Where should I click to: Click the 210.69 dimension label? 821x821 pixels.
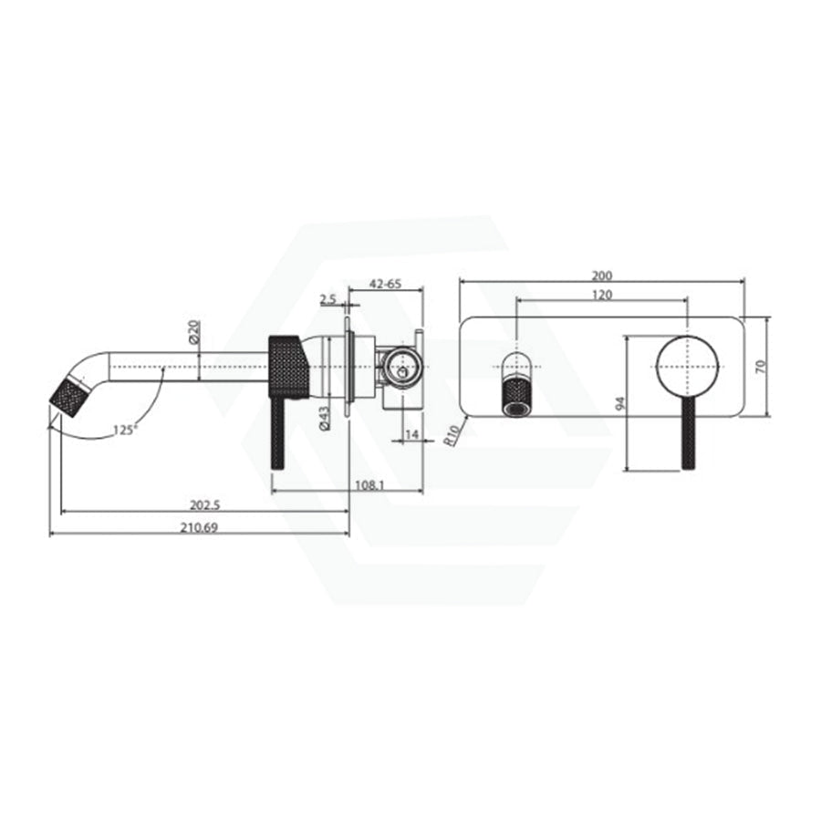point(199,527)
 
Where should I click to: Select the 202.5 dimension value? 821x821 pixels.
point(204,505)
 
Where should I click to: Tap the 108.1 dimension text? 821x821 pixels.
point(369,485)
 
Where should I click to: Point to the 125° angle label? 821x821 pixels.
point(125,430)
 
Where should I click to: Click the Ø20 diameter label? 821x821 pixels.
point(193,332)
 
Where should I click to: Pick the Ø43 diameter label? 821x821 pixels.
point(325,419)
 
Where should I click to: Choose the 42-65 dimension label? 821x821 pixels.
point(385,284)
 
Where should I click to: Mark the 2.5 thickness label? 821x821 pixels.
point(327,299)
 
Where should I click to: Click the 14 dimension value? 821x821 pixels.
point(412,434)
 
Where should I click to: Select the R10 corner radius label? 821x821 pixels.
point(452,435)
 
